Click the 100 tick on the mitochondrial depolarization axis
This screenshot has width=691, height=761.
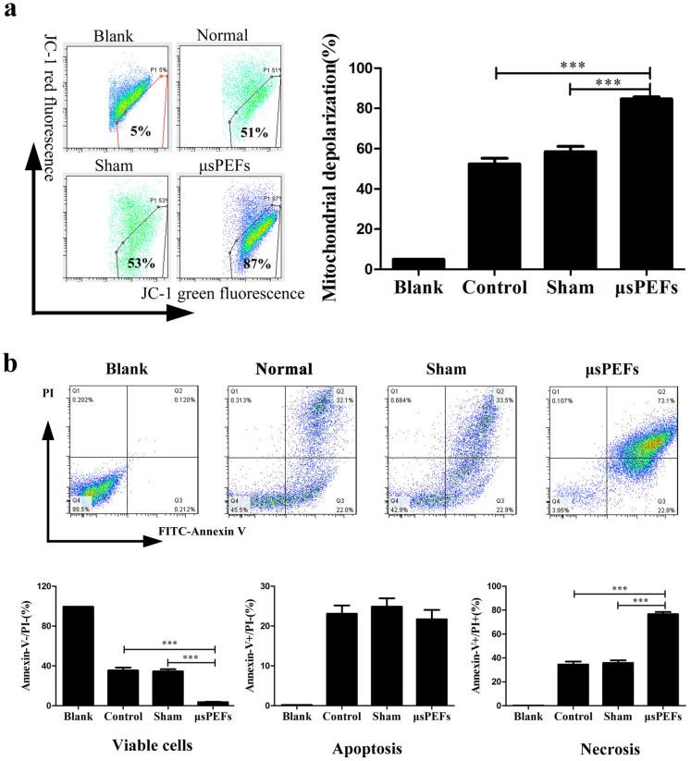tap(372, 69)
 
